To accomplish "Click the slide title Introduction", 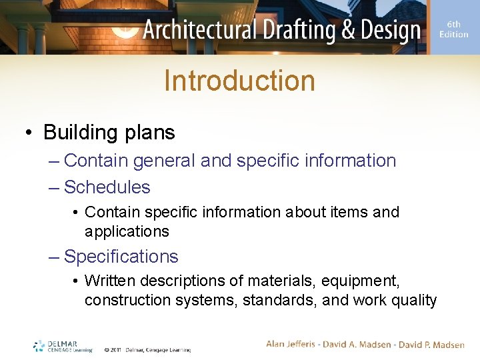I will coord(239,81).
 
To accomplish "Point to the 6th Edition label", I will coord(453,29).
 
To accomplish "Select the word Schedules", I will coord(107,187).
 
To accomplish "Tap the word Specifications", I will coord(121,257).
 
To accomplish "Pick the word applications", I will coord(127,231).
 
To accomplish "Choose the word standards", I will coord(279,301).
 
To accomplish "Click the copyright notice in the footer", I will coord(147,349).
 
